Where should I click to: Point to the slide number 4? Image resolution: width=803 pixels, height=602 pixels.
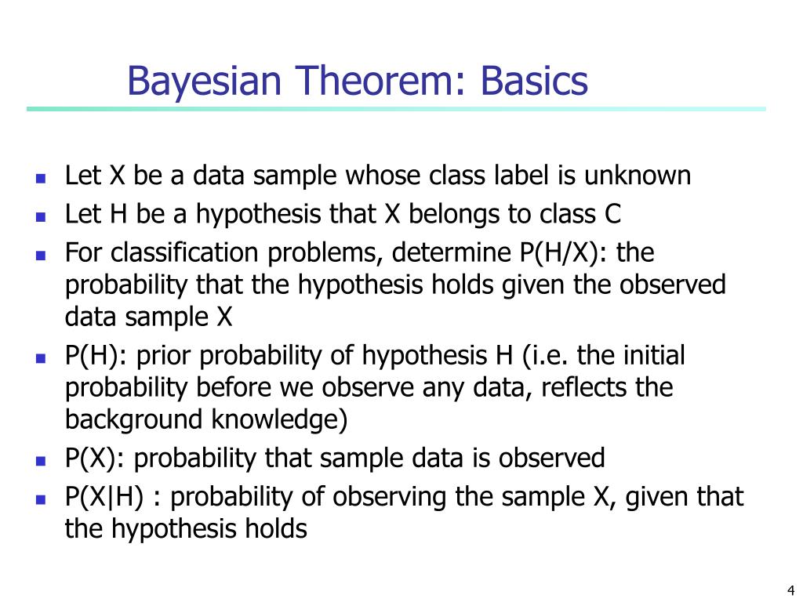click(790, 590)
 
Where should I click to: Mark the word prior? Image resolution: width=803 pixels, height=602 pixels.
click(165, 356)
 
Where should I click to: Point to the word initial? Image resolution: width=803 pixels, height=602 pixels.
click(654, 356)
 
